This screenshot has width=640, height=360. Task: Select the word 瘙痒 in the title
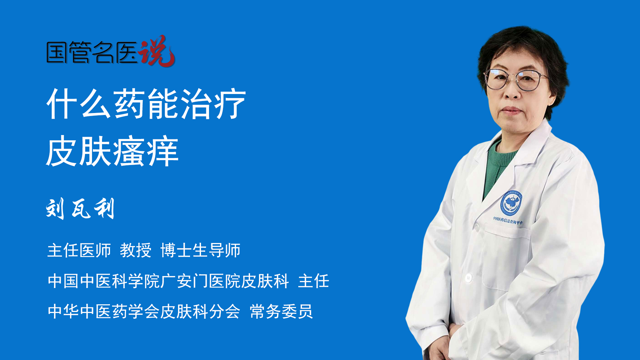click(x=146, y=152)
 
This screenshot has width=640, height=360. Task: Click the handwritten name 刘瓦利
click(x=80, y=209)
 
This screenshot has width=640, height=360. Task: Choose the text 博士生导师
click(x=200, y=250)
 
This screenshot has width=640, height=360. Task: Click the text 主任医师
click(x=79, y=250)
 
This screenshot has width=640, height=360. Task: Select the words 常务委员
click(x=281, y=312)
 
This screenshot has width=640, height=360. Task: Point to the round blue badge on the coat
click(x=511, y=203)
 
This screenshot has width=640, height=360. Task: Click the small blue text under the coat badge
click(x=508, y=220)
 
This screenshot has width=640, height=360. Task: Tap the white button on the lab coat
click(x=468, y=277)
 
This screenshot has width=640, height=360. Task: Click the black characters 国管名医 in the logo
click(x=92, y=52)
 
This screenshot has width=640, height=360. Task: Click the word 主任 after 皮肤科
click(x=314, y=281)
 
